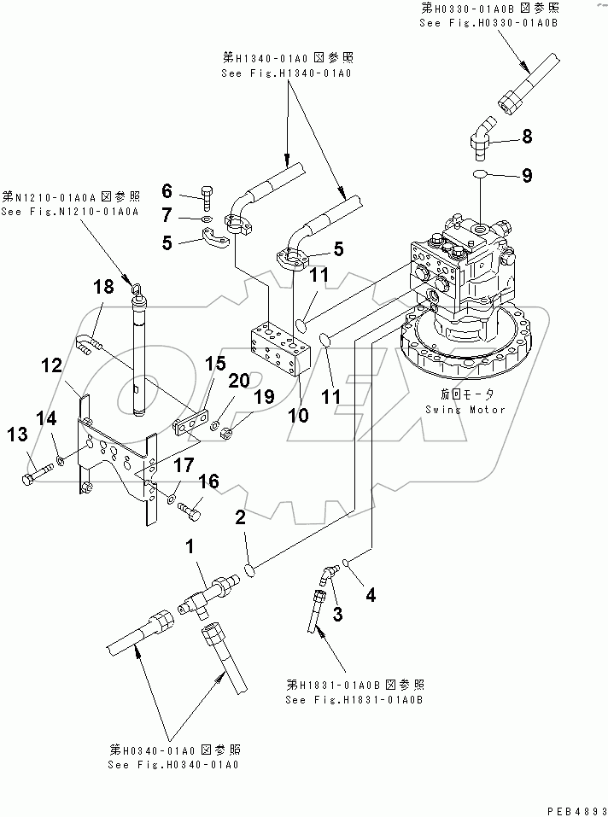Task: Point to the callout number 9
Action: point(527,176)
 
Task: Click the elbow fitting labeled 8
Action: point(476,139)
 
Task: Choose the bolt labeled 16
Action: point(190,511)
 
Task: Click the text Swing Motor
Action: point(465,410)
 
